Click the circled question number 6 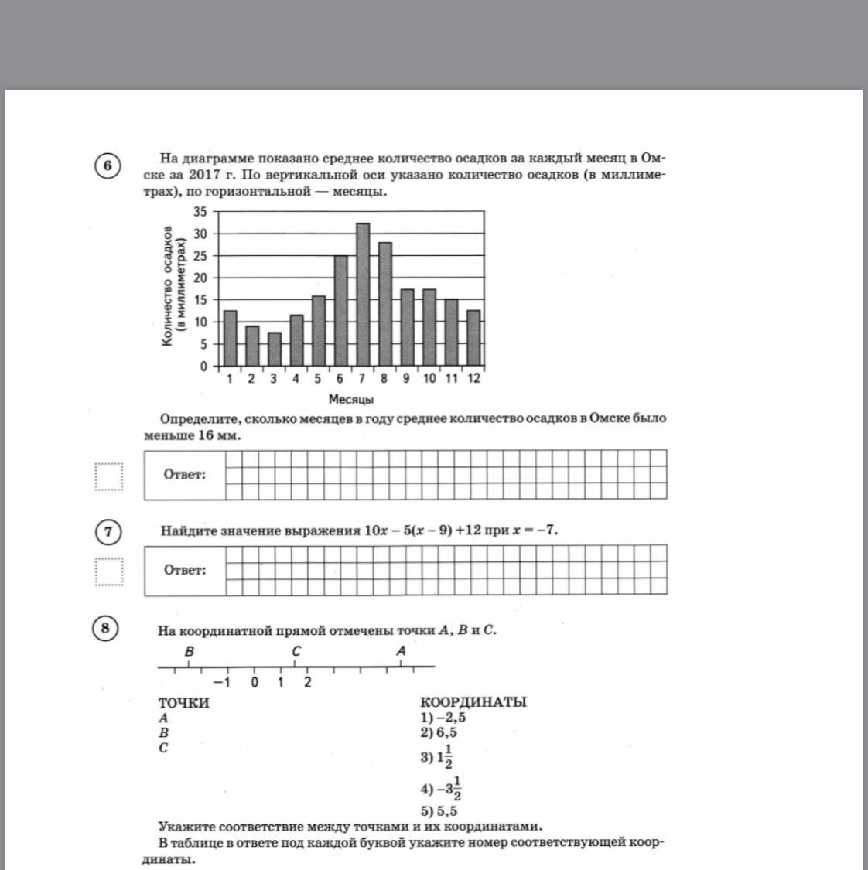[x=108, y=166]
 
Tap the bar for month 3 [x=274, y=350]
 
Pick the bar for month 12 [x=473, y=338]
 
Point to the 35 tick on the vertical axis [x=200, y=212]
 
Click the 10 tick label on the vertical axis [x=200, y=322]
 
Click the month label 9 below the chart [x=406, y=379]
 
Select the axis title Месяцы [x=351, y=400]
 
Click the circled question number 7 [x=108, y=532]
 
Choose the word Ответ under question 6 [x=185, y=475]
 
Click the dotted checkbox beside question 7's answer [x=109, y=572]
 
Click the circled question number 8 [x=105, y=628]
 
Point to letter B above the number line [x=189, y=652]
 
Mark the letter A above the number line [x=401, y=651]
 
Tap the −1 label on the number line [x=223, y=683]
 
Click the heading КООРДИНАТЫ [x=473, y=702]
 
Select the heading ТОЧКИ [x=183, y=703]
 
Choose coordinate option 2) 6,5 [x=439, y=732]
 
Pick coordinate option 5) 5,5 [x=439, y=811]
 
